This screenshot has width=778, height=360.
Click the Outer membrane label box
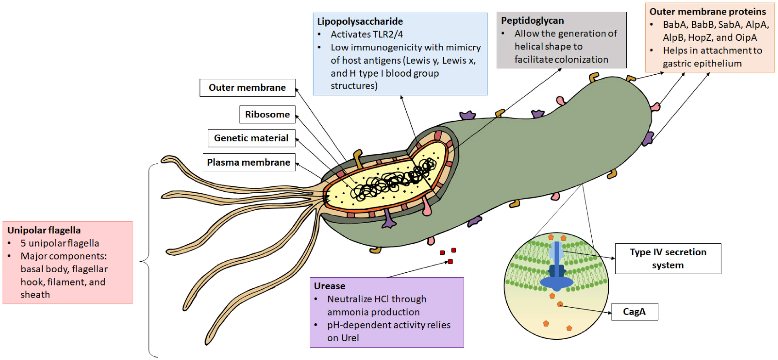click(x=247, y=88)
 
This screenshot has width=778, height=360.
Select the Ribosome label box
click(x=267, y=114)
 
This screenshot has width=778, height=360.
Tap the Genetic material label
click(x=251, y=138)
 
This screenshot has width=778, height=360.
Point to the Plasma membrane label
click(x=249, y=162)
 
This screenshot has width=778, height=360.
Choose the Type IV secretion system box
click(x=668, y=259)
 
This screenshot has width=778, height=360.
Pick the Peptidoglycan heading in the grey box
click(x=532, y=20)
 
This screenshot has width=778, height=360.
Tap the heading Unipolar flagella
click(x=44, y=230)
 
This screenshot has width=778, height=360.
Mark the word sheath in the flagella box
click(x=35, y=294)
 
